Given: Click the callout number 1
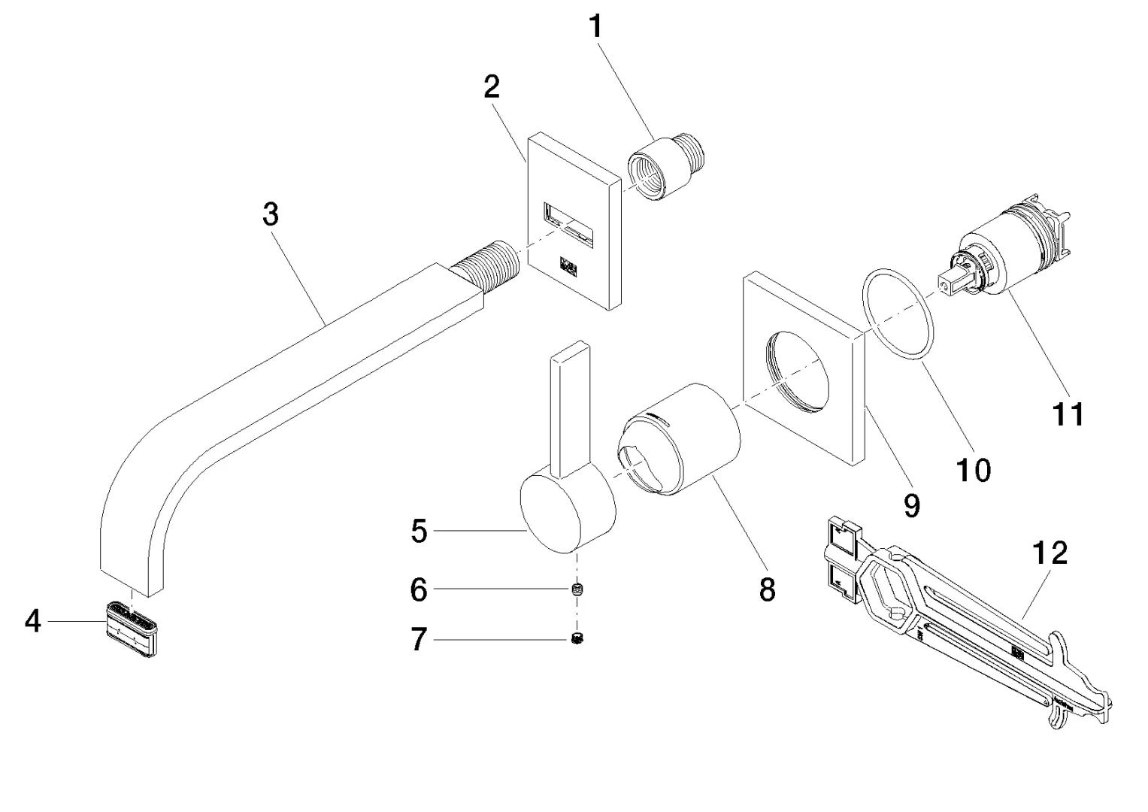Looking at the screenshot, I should tap(595, 28).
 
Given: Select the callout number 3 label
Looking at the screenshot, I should tap(271, 214).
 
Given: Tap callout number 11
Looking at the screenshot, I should tap(1068, 414).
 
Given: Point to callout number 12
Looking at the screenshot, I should tap(1050, 553).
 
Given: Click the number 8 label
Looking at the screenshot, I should tap(767, 590).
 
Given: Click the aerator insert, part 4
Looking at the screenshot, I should tap(132, 629).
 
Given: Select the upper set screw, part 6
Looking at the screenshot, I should tap(578, 589).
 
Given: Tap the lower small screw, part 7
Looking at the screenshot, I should tap(578, 640).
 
